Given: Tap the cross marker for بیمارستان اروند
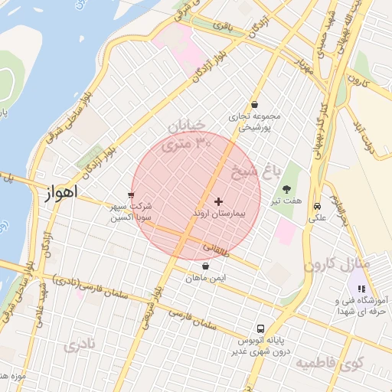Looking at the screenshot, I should click(218, 201).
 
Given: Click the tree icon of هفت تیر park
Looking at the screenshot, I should click(287, 188).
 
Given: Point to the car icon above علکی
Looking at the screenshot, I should click(316, 205).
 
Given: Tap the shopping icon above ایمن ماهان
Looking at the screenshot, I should click(205, 266).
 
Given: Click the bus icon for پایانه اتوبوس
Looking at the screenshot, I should click(260, 328).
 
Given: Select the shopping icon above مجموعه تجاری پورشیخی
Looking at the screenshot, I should click(254, 105).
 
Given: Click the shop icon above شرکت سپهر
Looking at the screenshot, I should click(132, 194).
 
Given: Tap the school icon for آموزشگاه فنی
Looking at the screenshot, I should click(361, 289).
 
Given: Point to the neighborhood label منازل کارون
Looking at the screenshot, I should click(336, 264).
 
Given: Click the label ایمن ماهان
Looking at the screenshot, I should click(205, 279).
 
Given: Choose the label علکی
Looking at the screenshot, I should click(316, 217).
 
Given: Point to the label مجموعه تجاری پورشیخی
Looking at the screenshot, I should click(255, 122).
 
